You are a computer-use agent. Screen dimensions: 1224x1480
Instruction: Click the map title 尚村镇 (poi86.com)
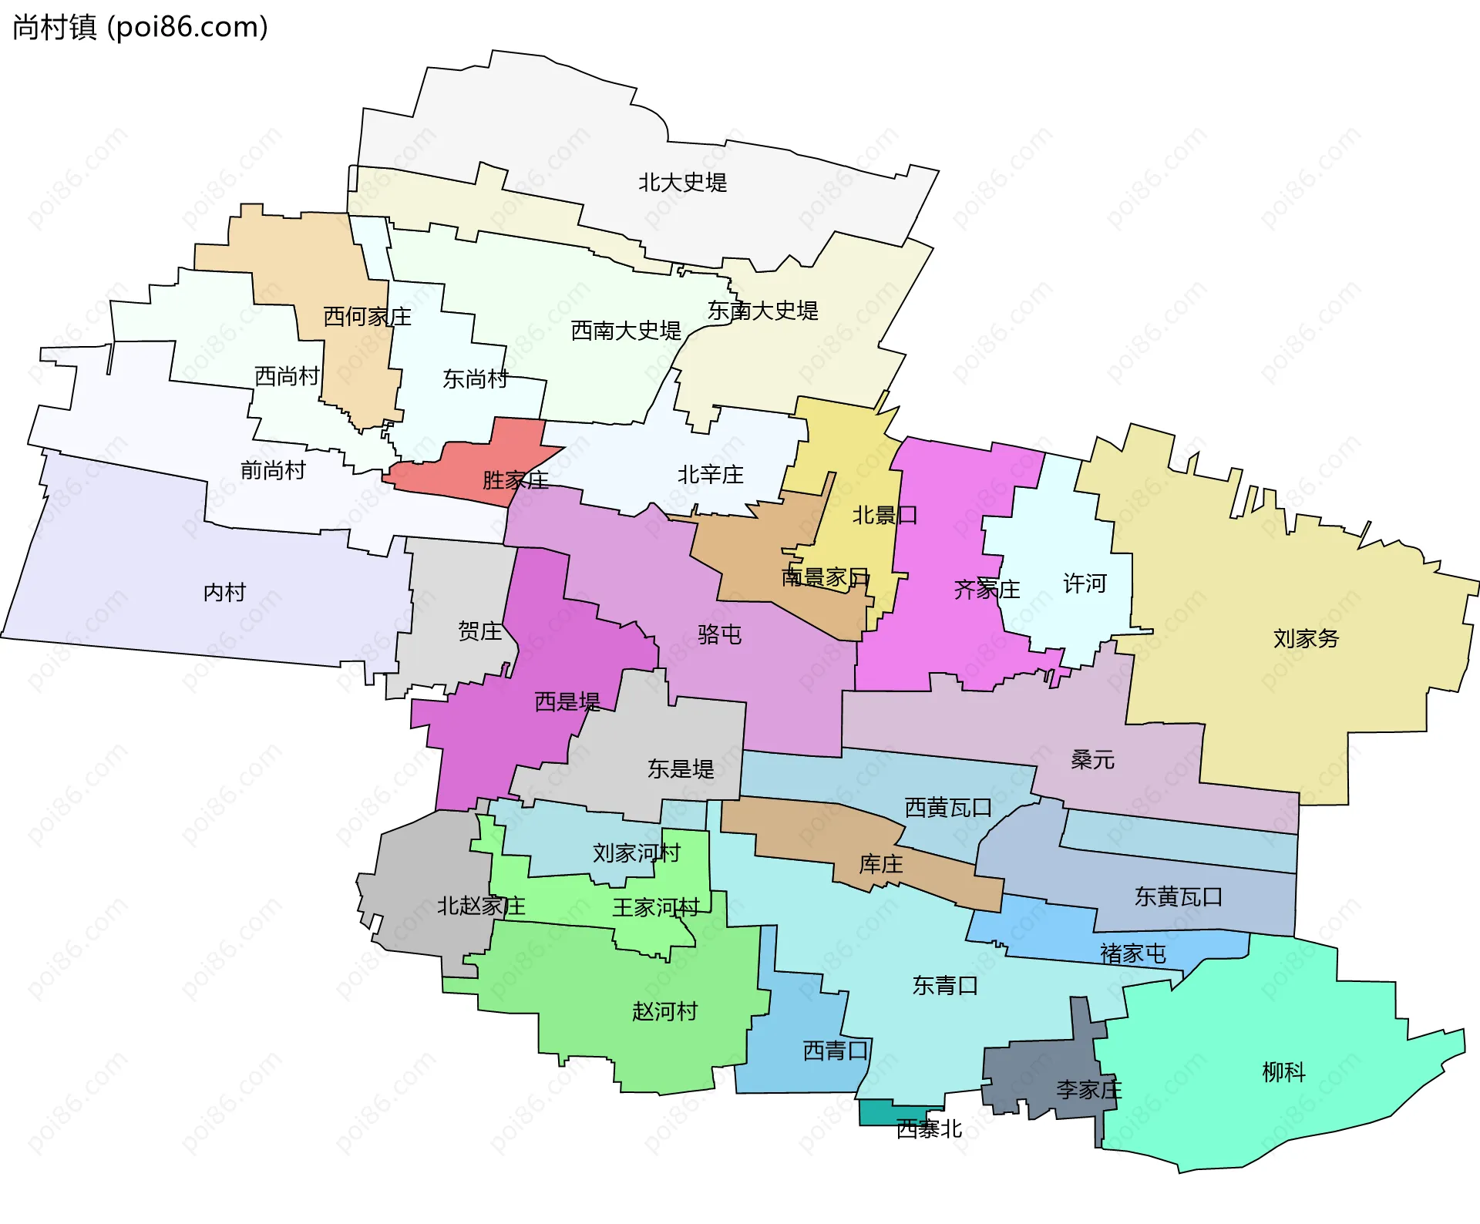(140, 28)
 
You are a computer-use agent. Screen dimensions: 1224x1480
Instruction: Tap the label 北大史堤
(682, 183)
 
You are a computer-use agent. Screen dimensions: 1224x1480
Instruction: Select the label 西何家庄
(367, 316)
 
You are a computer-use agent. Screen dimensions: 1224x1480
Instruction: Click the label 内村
(224, 592)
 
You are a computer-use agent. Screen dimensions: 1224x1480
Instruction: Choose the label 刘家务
(1306, 638)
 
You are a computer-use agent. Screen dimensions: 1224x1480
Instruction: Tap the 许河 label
(1085, 583)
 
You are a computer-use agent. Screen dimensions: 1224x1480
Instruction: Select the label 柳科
(1283, 1071)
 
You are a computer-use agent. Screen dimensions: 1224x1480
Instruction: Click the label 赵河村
(664, 1011)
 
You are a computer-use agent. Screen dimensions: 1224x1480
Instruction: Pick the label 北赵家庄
(481, 906)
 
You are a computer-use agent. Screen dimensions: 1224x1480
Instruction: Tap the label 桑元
(1092, 760)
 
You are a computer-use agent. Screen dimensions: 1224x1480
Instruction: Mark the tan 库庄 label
(880, 864)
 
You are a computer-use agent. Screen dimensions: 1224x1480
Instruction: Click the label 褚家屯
(1132, 953)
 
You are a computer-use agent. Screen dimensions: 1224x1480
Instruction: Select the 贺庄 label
(479, 631)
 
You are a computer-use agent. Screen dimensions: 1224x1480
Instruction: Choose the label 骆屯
(719, 634)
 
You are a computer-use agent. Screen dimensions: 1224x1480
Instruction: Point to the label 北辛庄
(710, 475)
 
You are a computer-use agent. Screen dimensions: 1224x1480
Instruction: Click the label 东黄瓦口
(1178, 896)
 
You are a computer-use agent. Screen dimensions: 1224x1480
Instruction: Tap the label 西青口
(836, 1051)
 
